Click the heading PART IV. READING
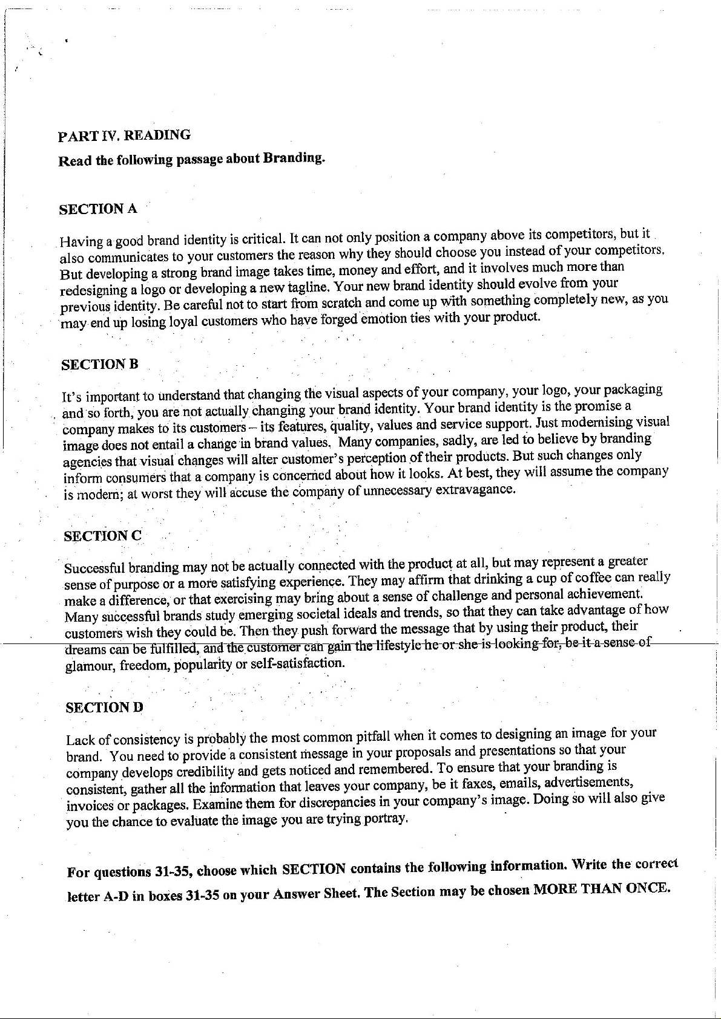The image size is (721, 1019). pyautogui.click(x=124, y=135)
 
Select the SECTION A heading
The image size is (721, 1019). pyautogui.click(x=97, y=209)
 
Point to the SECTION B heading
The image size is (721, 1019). pyautogui.click(x=100, y=364)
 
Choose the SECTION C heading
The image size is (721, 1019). pyautogui.click(x=103, y=536)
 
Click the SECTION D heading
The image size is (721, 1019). pyautogui.click(x=104, y=707)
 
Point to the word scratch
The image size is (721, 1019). pyautogui.click(x=341, y=301)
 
